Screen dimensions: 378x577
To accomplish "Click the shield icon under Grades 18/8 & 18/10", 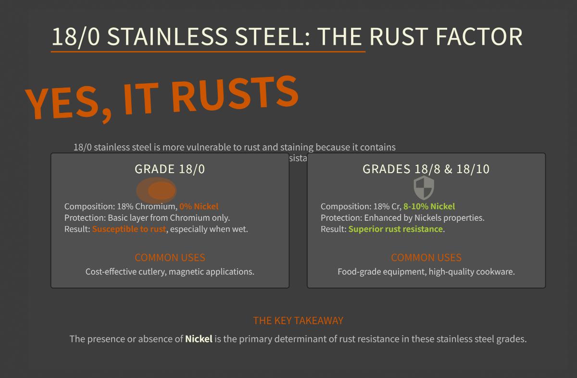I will pos(424,188).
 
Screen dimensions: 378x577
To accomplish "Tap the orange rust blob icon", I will pos(157,190).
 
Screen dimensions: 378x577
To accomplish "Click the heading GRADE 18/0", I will pos(170,169).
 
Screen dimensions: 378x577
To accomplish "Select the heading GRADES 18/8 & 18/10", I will pos(426,169).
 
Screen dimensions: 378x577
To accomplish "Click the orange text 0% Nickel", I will pos(199,206).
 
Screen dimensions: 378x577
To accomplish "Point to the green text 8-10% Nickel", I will pos(429,206).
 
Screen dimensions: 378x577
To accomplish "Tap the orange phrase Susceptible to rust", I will pos(129,229).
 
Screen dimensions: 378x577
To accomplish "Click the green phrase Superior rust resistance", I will pos(395,229).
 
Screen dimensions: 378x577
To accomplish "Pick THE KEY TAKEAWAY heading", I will pos(298,321).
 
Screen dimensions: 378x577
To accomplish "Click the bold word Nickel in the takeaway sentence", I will pos(199,339).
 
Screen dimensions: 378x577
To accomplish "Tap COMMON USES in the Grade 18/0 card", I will pos(170,257).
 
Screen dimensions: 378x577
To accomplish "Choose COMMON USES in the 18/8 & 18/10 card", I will pos(426,257).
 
